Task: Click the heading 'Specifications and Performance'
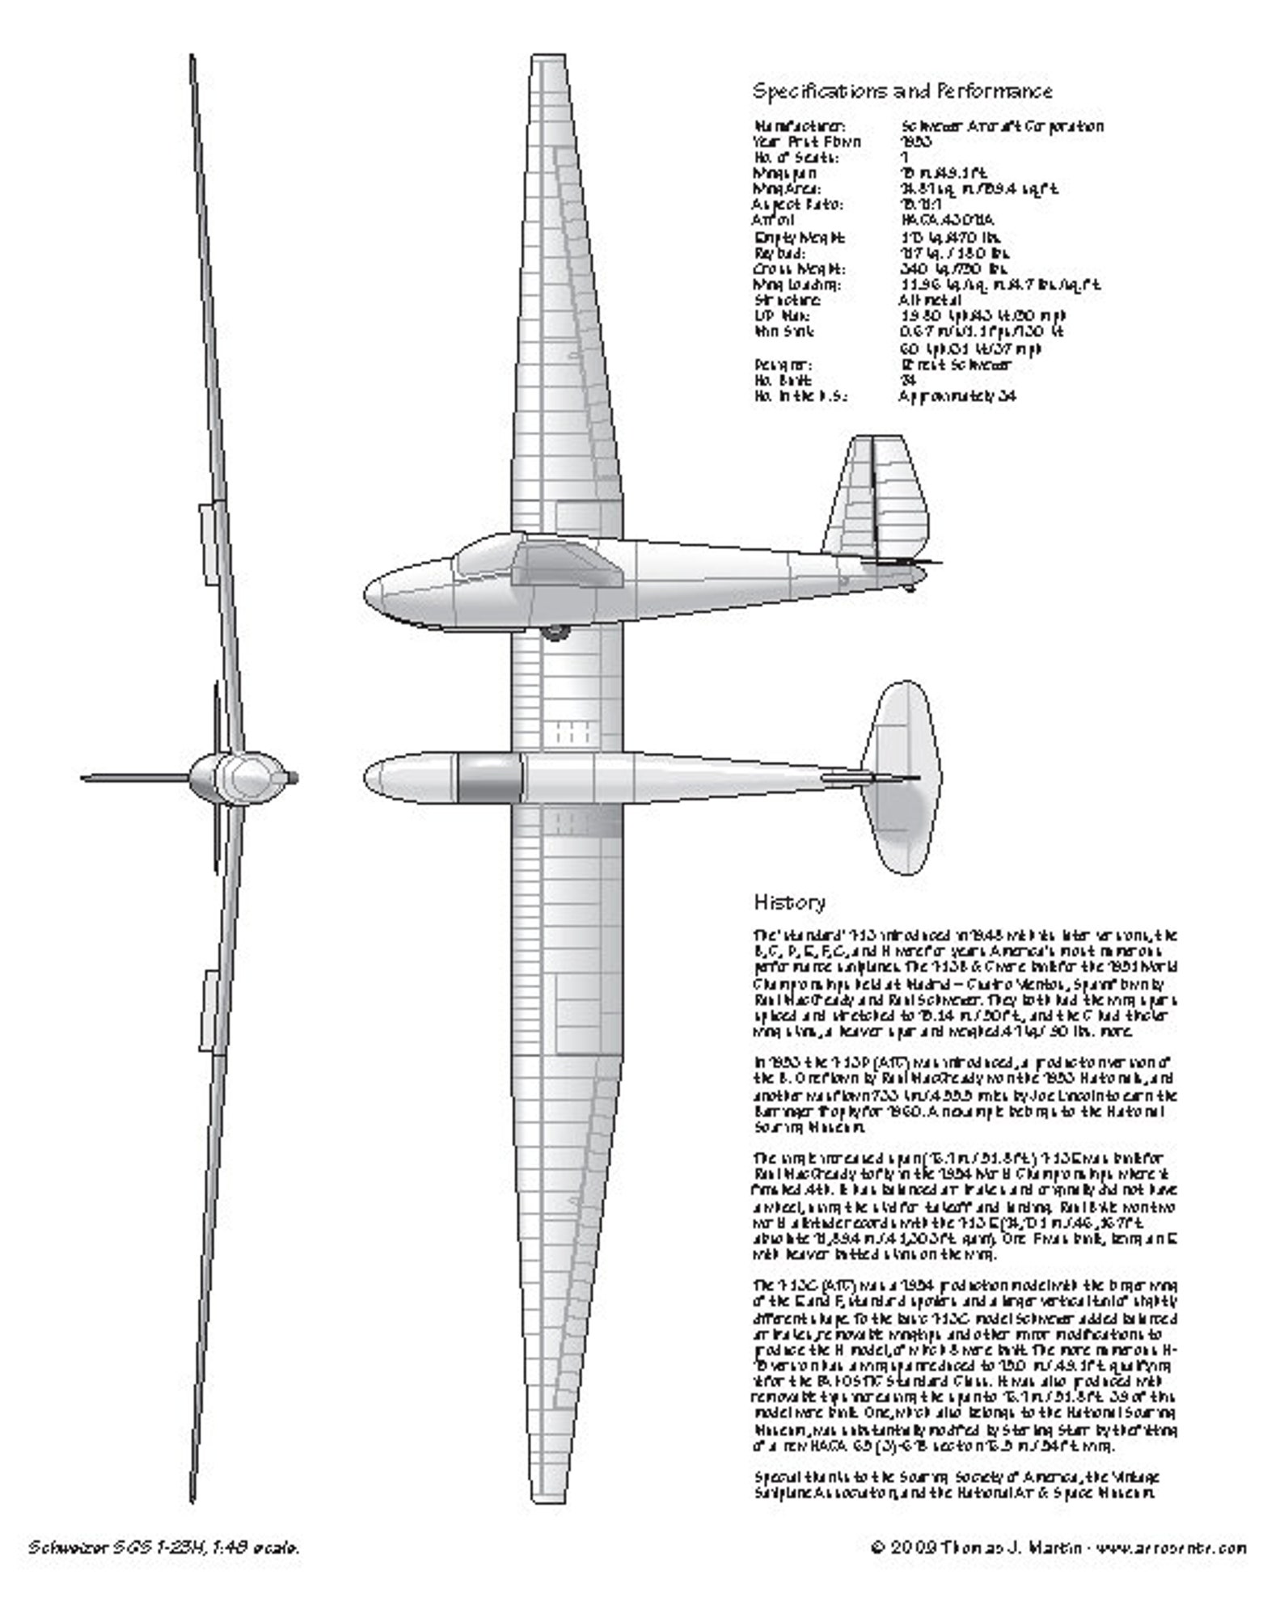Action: [902, 91]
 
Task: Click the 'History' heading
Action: [789, 902]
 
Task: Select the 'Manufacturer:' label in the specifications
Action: [800, 126]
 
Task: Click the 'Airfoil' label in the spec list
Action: [774, 220]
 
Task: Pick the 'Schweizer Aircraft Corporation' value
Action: [1001, 126]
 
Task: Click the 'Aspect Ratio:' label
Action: [787, 205]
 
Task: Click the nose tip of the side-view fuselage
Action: [367, 597]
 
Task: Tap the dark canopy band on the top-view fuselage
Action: [490, 778]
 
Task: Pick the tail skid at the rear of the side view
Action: [910, 586]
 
